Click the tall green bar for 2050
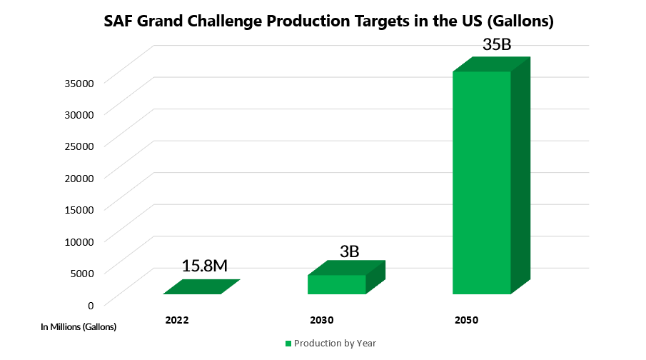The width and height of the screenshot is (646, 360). pos(483,182)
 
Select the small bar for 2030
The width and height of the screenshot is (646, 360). pos(337,284)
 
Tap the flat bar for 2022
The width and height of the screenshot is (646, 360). pos(201,287)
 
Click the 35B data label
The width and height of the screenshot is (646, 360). pos(497,44)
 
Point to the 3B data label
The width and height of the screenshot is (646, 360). pos(348,251)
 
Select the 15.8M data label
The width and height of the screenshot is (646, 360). pos(204,266)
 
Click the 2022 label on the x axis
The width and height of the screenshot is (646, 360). pos(176,320)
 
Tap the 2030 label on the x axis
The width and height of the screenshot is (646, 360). pos(322,320)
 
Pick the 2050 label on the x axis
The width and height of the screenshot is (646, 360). pos(466,320)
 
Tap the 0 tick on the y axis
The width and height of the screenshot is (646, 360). pos(91,304)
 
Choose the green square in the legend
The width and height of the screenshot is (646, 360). pos(288,344)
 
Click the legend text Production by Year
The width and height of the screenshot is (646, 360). pos(335,344)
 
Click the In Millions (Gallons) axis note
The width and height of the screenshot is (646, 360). pos(78,327)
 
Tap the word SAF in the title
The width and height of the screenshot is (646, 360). pos(119,21)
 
